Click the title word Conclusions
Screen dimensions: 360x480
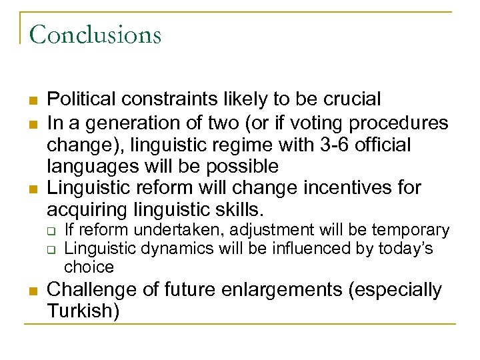click(95, 33)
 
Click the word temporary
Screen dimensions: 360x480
click(411, 231)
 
